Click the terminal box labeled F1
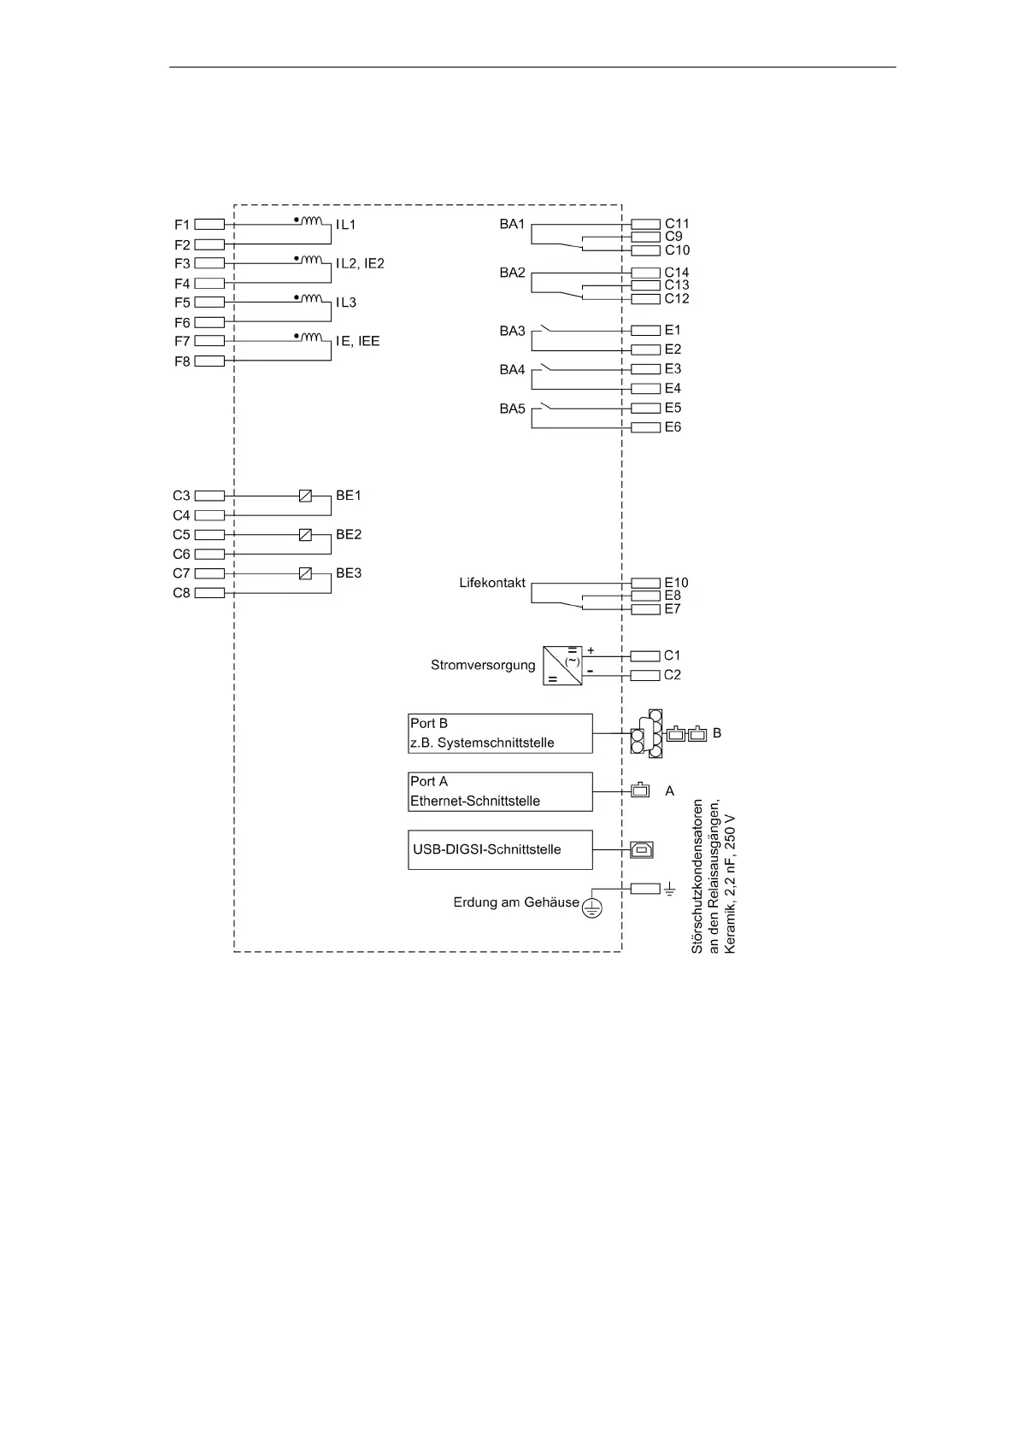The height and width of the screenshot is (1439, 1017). pos(209,225)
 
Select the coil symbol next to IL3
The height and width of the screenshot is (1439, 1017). pos(313,298)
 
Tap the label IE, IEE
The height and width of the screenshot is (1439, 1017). pos(357,341)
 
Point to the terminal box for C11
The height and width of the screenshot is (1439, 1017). pos(645,225)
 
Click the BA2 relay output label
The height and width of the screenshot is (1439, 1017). pos(512,273)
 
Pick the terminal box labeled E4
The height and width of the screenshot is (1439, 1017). pos(645,389)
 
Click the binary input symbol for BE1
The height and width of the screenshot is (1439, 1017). pos(305,496)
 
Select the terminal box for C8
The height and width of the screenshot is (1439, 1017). pos(209,593)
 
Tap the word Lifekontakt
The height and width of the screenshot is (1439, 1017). pos(492,583)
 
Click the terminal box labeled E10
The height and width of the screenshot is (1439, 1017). pos(645,584)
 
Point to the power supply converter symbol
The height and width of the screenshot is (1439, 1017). pos(562,666)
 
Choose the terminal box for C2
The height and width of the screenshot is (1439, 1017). pos(645,675)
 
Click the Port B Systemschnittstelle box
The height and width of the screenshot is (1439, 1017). pos(500,733)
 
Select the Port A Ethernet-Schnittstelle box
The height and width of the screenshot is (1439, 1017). pos(500,791)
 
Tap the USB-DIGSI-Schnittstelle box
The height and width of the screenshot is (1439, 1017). pos(500,849)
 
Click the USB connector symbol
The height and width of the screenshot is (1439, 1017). pos(641,849)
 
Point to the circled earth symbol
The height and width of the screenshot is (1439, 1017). pos(591,907)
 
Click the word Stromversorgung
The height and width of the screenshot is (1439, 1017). pos(483,665)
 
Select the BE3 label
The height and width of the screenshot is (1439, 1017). pos(349,573)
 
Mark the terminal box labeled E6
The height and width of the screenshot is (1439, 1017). pos(645,427)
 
